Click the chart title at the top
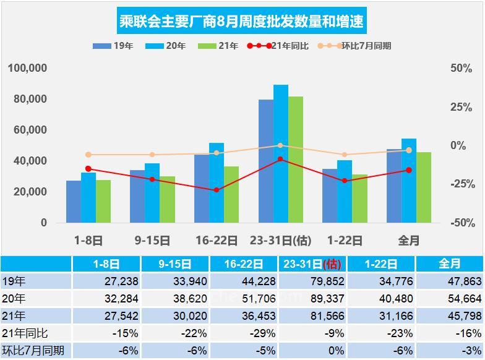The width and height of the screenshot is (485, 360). pos(241,22)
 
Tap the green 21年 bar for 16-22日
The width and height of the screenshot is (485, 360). pos(231,194)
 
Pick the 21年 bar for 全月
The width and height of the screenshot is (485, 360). pos(424,187)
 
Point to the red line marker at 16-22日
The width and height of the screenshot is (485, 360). pos(217,190)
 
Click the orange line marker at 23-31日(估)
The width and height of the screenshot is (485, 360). pos(280,146)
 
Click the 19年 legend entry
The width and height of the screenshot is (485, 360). pos(110,46)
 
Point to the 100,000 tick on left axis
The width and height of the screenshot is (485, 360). pos(28,68)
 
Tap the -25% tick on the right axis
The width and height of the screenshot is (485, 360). pos(460,184)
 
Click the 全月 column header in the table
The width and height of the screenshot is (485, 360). pos(450,264)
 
